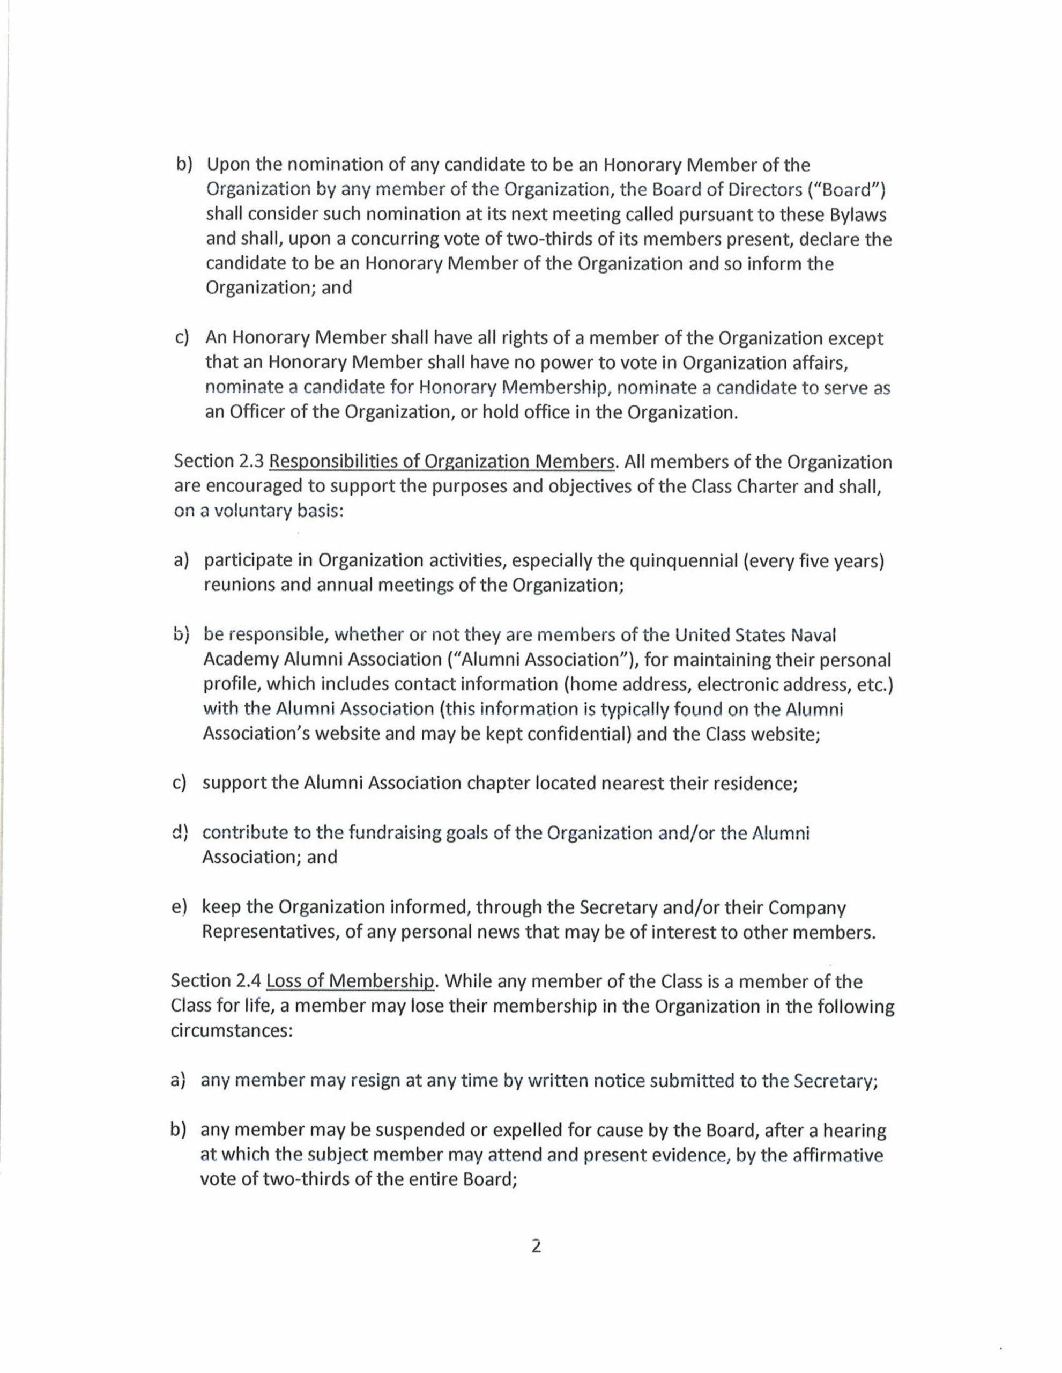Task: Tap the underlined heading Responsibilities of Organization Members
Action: [x=442, y=462]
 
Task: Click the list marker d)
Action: [x=180, y=833]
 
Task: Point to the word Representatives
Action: [x=270, y=932]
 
